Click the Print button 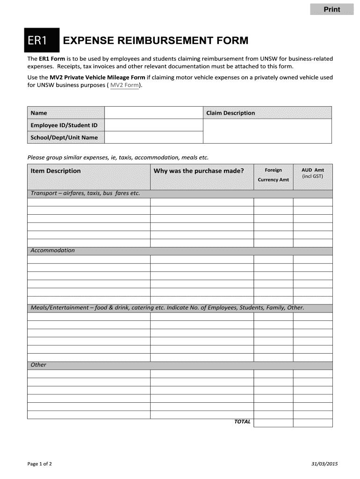(x=332, y=9)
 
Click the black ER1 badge (x=42, y=41)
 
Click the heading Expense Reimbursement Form (x=155, y=41)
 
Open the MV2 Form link (x=124, y=85)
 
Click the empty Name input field (x=153, y=113)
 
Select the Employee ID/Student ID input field (x=153, y=125)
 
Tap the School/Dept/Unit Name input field (x=153, y=138)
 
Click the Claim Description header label (x=230, y=113)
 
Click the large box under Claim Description (x=267, y=131)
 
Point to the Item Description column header (x=56, y=171)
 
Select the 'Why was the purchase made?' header (x=199, y=171)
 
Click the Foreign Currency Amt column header (x=273, y=175)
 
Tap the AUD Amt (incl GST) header (x=312, y=173)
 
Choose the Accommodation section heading (x=52, y=250)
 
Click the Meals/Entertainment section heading (x=167, y=308)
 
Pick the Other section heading (x=38, y=365)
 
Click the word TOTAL (x=242, y=421)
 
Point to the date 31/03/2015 (x=324, y=464)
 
